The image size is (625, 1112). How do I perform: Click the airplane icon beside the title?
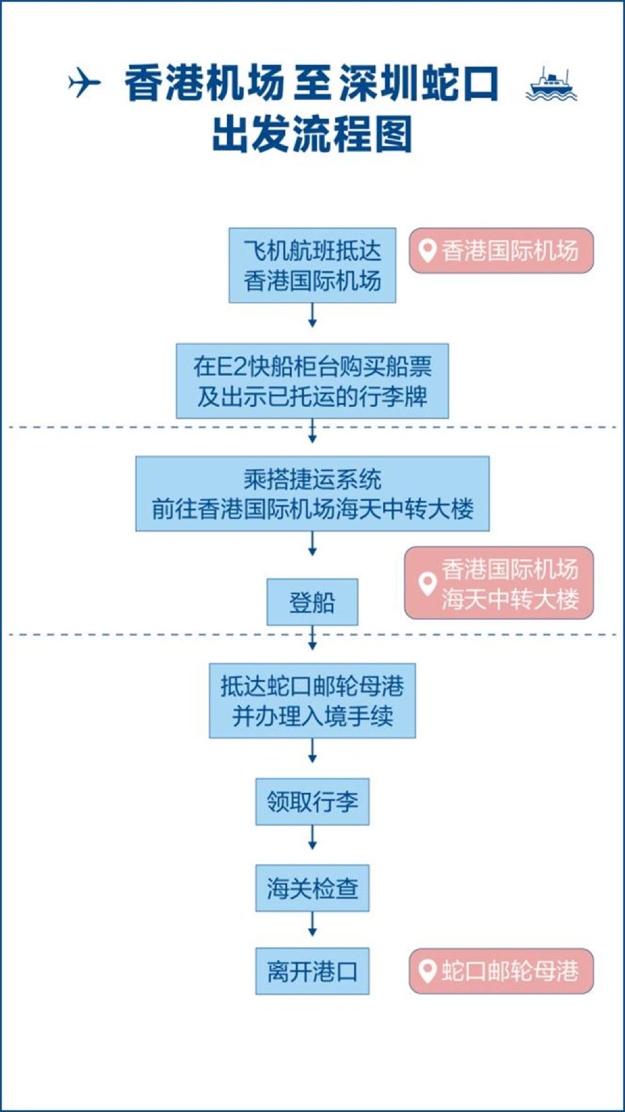pyautogui.click(x=84, y=83)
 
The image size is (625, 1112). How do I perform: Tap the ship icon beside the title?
pyautogui.click(x=551, y=84)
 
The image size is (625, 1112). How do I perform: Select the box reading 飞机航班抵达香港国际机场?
pyautogui.click(x=312, y=265)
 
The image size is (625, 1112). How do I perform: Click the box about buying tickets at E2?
pyautogui.click(x=312, y=380)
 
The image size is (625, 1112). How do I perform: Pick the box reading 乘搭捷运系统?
pyautogui.click(x=312, y=493)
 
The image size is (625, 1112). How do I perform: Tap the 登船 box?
pyautogui.click(x=312, y=602)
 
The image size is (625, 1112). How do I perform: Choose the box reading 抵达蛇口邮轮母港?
pyautogui.click(x=312, y=700)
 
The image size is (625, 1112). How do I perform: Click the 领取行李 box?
pyautogui.click(x=312, y=801)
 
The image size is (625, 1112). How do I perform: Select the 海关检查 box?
pyautogui.click(x=312, y=887)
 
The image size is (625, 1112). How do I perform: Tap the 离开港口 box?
pyautogui.click(x=312, y=971)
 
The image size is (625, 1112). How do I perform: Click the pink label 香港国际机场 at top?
pyautogui.click(x=501, y=251)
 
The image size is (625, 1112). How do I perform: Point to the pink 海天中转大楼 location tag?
pyautogui.click(x=499, y=583)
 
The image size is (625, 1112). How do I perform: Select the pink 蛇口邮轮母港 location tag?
pyautogui.click(x=501, y=971)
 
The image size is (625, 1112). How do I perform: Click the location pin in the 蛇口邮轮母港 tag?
pyautogui.click(x=427, y=971)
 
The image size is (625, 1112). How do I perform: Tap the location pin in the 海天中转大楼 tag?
pyautogui.click(x=427, y=583)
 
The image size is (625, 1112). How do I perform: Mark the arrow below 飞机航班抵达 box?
pyautogui.click(x=312, y=315)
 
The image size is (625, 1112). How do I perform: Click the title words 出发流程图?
pyautogui.click(x=312, y=134)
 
